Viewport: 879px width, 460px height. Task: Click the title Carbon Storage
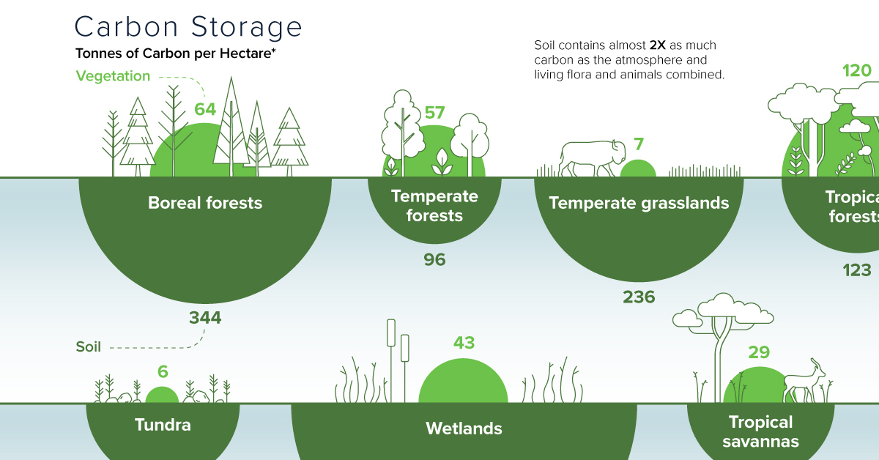(x=188, y=27)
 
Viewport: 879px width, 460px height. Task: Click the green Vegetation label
(x=113, y=76)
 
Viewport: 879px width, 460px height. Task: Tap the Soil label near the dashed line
(x=88, y=347)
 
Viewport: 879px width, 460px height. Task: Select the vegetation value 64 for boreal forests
(x=205, y=109)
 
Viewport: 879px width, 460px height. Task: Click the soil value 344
(x=205, y=318)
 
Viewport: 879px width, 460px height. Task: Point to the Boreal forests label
(x=205, y=203)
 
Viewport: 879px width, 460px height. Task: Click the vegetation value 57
(x=435, y=113)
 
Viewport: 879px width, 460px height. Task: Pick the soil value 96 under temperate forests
(x=434, y=259)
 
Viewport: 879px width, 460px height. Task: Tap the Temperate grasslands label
(x=639, y=203)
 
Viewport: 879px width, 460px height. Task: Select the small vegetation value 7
(x=638, y=144)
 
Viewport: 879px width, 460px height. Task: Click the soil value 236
(x=639, y=297)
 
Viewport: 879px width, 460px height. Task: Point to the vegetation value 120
(x=856, y=71)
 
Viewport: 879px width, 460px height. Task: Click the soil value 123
(x=856, y=270)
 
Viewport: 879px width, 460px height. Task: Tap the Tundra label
(x=163, y=425)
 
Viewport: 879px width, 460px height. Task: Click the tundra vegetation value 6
(x=163, y=371)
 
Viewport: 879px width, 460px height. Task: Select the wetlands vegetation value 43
(x=464, y=343)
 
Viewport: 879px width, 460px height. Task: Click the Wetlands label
(x=464, y=429)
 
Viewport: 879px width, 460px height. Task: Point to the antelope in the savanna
(x=804, y=384)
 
